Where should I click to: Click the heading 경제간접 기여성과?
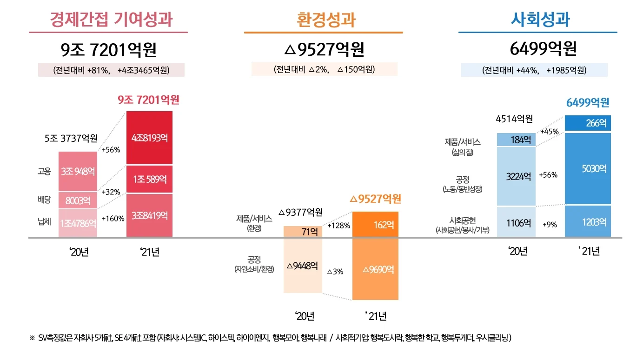click(x=111, y=20)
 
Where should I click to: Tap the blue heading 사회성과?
click(x=540, y=20)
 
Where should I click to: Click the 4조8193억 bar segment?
click(x=149, y=138)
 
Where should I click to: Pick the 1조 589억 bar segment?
click(x=149, y=179)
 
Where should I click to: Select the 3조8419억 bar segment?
click(x=149, y=216)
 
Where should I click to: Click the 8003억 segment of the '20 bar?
click(x=78, y=200)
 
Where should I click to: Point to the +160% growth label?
click(x=113, y=219)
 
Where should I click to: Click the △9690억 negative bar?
click(x=375, y=269)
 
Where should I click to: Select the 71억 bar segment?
click(x=302, y=232)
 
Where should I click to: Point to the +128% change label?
click(x=338, y=226)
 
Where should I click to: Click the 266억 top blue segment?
click(x=588, y=123)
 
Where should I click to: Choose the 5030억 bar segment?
click(x=588, y=169)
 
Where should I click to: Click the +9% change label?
click(x=550, y=225)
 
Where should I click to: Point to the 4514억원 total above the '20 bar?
click(x=514, y=119)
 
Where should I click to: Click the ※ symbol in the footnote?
click(x=32, y=338)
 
